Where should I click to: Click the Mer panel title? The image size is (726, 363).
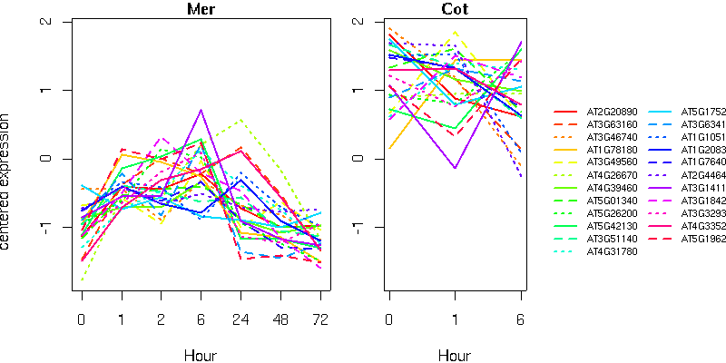[201, 10]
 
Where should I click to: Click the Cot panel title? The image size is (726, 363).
[455, 10]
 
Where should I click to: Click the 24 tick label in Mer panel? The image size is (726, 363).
[240, 320]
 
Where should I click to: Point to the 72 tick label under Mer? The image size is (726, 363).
[320, 320]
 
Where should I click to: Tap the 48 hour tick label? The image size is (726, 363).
[280, 320]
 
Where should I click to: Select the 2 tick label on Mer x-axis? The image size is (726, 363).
[161, 320]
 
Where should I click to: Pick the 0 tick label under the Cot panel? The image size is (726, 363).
[388, 320]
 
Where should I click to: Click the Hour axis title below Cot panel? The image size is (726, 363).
[455, 355]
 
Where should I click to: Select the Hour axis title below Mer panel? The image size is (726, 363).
[201, 355]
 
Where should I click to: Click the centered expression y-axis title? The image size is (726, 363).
[7, 181]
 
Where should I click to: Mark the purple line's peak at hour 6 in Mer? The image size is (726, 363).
[201, 110]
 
